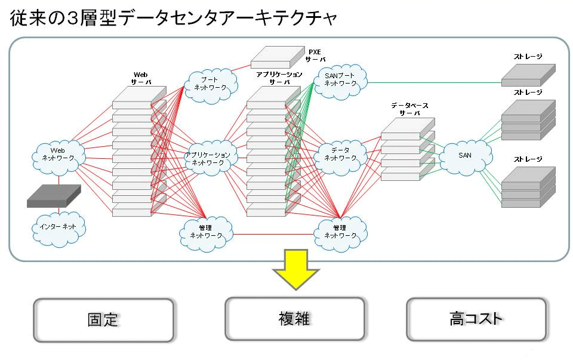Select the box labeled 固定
103,320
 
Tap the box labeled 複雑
294,319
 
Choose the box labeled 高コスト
476,319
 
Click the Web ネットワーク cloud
58,155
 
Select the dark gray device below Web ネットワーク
54,196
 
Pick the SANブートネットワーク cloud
340,81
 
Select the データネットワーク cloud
340,155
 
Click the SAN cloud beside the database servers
465,156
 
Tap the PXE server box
278,57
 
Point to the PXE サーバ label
315,56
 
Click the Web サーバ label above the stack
141,79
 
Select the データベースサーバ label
409,109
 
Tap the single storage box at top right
528,75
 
